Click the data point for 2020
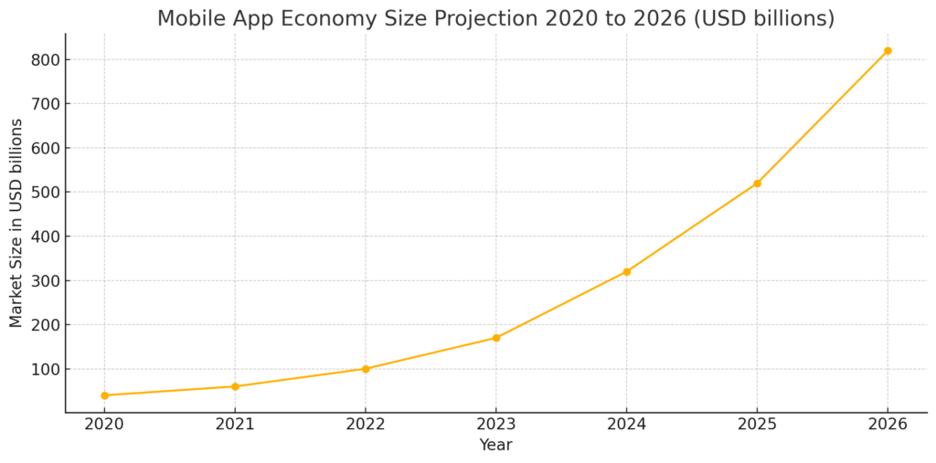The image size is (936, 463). (104, 395)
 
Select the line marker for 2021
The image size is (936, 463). (235, 386)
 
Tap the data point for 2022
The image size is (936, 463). (366, 369)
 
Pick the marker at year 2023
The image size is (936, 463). (496, 338)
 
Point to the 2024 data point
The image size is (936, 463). (626, 271)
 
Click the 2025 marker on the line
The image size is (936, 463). (757, 184)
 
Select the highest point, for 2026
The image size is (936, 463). (888, 51)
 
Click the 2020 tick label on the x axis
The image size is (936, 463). (104, 425)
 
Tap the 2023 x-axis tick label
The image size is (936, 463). (496, 425)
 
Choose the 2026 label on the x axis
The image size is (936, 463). (888, 425)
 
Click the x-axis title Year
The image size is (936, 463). (495, 446)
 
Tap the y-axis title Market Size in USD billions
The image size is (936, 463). (16, 223)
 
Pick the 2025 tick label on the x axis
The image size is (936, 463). (757, 425)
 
